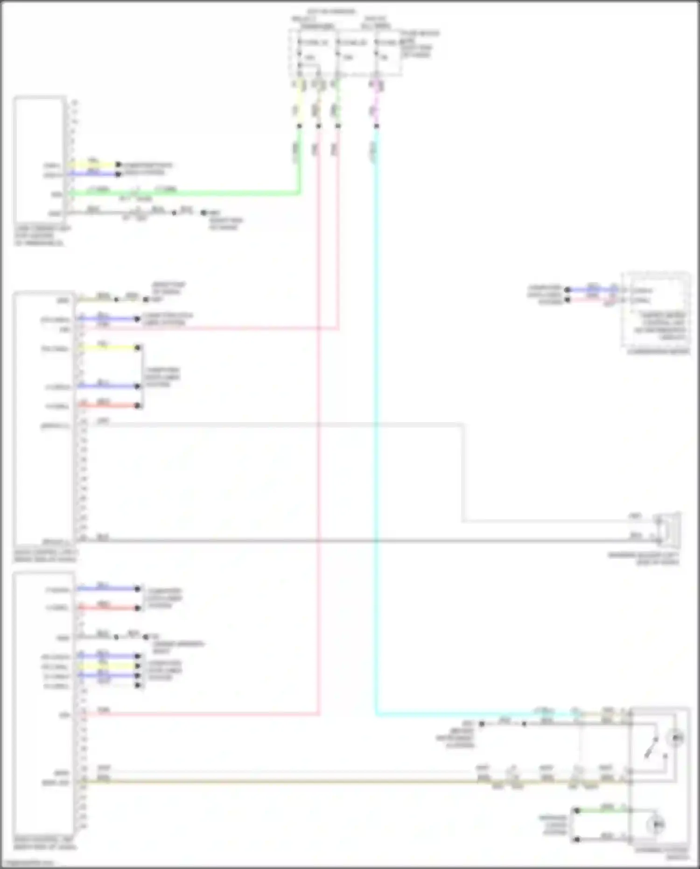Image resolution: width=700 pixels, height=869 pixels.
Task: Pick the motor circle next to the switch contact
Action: coord(675,738)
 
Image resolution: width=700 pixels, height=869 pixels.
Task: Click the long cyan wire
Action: coord(376,420)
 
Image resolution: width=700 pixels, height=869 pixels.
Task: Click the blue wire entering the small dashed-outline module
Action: coord(593,290)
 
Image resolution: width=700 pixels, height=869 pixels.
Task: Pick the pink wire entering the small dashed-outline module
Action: coord(593,299)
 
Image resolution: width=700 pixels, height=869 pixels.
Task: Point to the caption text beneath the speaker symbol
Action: coord(644,558)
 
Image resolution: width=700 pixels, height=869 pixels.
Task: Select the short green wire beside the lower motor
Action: coord(602,811)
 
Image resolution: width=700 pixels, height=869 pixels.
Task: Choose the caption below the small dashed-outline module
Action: coord(658,352)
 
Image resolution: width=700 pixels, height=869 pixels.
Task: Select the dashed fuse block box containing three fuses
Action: coord(345,52)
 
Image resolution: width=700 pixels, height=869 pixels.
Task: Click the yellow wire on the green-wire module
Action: coord(93,164)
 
